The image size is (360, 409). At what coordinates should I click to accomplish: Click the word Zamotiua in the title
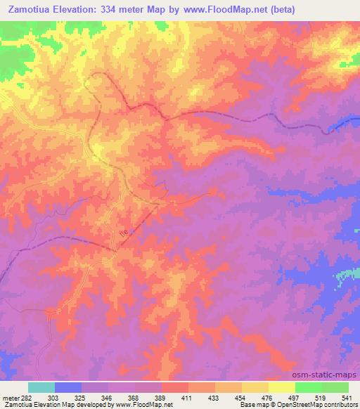[30, 10]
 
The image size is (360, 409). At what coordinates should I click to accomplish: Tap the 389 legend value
[176, 399]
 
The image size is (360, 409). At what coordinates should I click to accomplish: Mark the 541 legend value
[344, 399]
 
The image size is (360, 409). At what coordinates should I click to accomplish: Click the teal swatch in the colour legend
[41, 387]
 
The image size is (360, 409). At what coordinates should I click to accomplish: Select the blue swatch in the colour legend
[68, 387]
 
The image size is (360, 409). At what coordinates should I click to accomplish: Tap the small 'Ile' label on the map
[124, 232]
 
